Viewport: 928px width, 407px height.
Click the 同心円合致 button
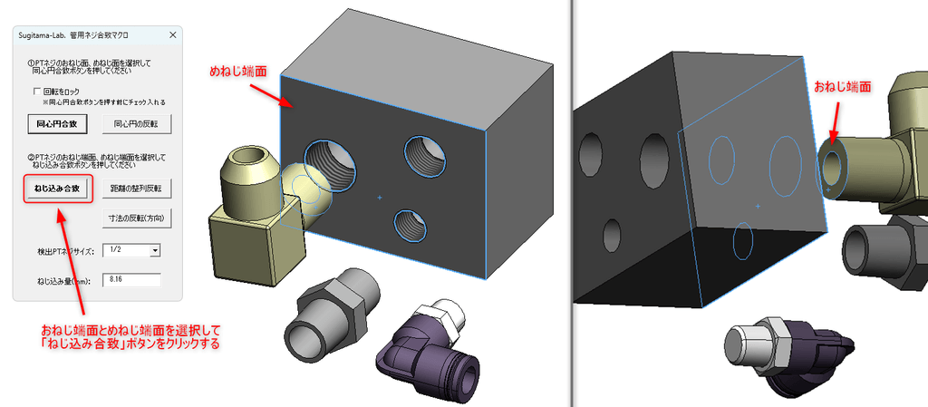57,124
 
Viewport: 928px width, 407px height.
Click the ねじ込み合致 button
57,189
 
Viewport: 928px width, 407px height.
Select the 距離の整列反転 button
137,189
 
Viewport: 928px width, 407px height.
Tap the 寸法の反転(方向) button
137,218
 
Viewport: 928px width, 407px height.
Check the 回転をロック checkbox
38,92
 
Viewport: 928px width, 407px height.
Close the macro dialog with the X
173,35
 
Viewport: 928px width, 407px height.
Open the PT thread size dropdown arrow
155,251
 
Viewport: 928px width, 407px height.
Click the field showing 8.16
131,279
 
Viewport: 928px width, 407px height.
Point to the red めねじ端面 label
238,72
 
